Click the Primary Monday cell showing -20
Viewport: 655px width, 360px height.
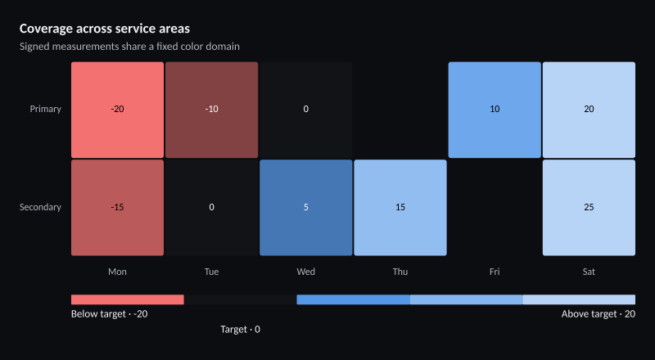(117, 110)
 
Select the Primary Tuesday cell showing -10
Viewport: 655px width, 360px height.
(212, 110)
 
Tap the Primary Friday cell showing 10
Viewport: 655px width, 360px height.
(495, 110)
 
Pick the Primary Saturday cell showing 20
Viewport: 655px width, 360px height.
(589, 110)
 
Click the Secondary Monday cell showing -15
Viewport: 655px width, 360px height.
(117, 208)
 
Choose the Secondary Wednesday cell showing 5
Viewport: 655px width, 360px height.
(306, 208)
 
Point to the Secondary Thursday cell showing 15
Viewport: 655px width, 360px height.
(400, 208)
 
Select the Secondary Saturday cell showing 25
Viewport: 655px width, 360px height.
(589, 208)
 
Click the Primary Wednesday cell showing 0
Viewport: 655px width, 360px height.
(306, 110)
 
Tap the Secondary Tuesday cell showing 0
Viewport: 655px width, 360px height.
(212, 208)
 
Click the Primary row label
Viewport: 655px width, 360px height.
(46, 109)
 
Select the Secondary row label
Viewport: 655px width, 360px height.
(40, 207)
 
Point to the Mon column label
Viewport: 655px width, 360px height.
(117, 272)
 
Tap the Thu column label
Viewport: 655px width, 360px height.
(400, 272)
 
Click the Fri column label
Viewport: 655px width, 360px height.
(495, 272)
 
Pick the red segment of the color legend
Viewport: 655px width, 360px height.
(128, 299)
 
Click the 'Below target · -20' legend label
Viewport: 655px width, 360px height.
(110, 314)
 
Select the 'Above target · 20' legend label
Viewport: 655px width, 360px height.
(599, 314)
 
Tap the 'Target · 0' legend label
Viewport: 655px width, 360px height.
(240, 330)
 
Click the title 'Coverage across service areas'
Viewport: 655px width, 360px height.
(105, 29)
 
